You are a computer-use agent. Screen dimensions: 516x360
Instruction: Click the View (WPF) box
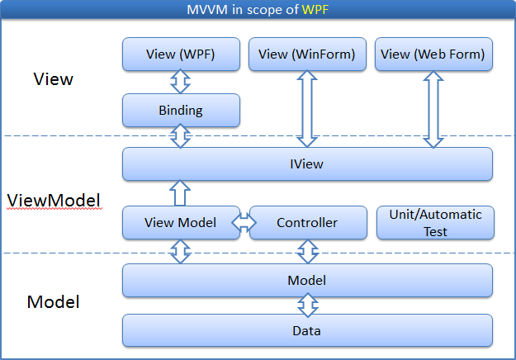tap(181, 54)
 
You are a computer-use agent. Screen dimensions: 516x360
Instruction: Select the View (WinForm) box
tap(307, 54)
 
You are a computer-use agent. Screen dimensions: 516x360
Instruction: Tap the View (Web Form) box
tap(433, 54)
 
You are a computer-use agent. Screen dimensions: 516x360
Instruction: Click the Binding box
tap(181, 111)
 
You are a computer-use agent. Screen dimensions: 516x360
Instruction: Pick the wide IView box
tap(307, 163)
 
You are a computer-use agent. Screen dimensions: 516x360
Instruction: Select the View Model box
tap(181, 222)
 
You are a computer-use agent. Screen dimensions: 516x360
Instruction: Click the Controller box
tap(308, 222)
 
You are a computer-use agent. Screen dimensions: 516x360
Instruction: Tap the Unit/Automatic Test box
tap(435, 222)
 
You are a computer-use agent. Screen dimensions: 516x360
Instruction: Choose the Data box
tap(307, 330)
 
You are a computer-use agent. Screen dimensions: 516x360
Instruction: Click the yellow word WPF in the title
tap(315, 10)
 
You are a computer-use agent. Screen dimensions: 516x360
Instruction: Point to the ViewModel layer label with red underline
tap(54, 201)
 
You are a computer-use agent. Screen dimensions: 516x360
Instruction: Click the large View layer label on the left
tap(54, 79)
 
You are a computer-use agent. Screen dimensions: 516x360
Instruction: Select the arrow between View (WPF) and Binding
tap(180, 82)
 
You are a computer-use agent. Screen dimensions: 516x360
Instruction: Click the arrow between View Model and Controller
tap(244, 222)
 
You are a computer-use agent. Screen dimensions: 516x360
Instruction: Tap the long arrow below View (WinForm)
tap(307, 109)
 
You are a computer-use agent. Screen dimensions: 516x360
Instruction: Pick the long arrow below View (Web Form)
tap(433, 110)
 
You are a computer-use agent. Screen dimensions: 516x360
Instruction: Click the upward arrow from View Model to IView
tap(180, 193)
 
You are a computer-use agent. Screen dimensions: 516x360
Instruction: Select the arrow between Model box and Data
tap(308, 305)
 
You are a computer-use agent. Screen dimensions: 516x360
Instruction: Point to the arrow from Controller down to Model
tap(308, 251)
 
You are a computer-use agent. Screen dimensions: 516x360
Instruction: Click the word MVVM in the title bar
tap(207, 10)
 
